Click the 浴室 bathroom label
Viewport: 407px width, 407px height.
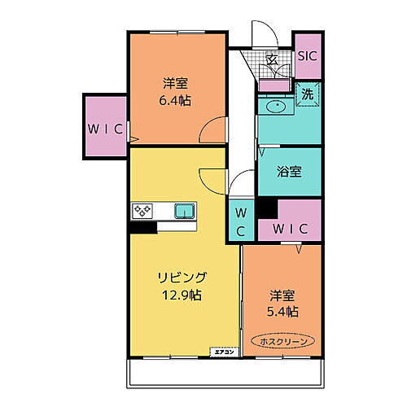(289, 172)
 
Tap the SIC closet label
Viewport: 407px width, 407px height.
(307, 56)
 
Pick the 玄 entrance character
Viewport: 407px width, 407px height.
(274, 59)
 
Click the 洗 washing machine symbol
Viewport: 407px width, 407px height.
(308, 94)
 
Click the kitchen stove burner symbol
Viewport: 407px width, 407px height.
(143, 212)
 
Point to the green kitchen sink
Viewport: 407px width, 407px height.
(185, 212)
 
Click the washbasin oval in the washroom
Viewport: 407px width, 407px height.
(273, 106)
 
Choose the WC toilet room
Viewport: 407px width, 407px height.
(242, 221)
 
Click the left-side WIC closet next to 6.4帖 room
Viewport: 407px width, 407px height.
(106, 129)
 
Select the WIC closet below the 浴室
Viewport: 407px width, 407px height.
(290, 229)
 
